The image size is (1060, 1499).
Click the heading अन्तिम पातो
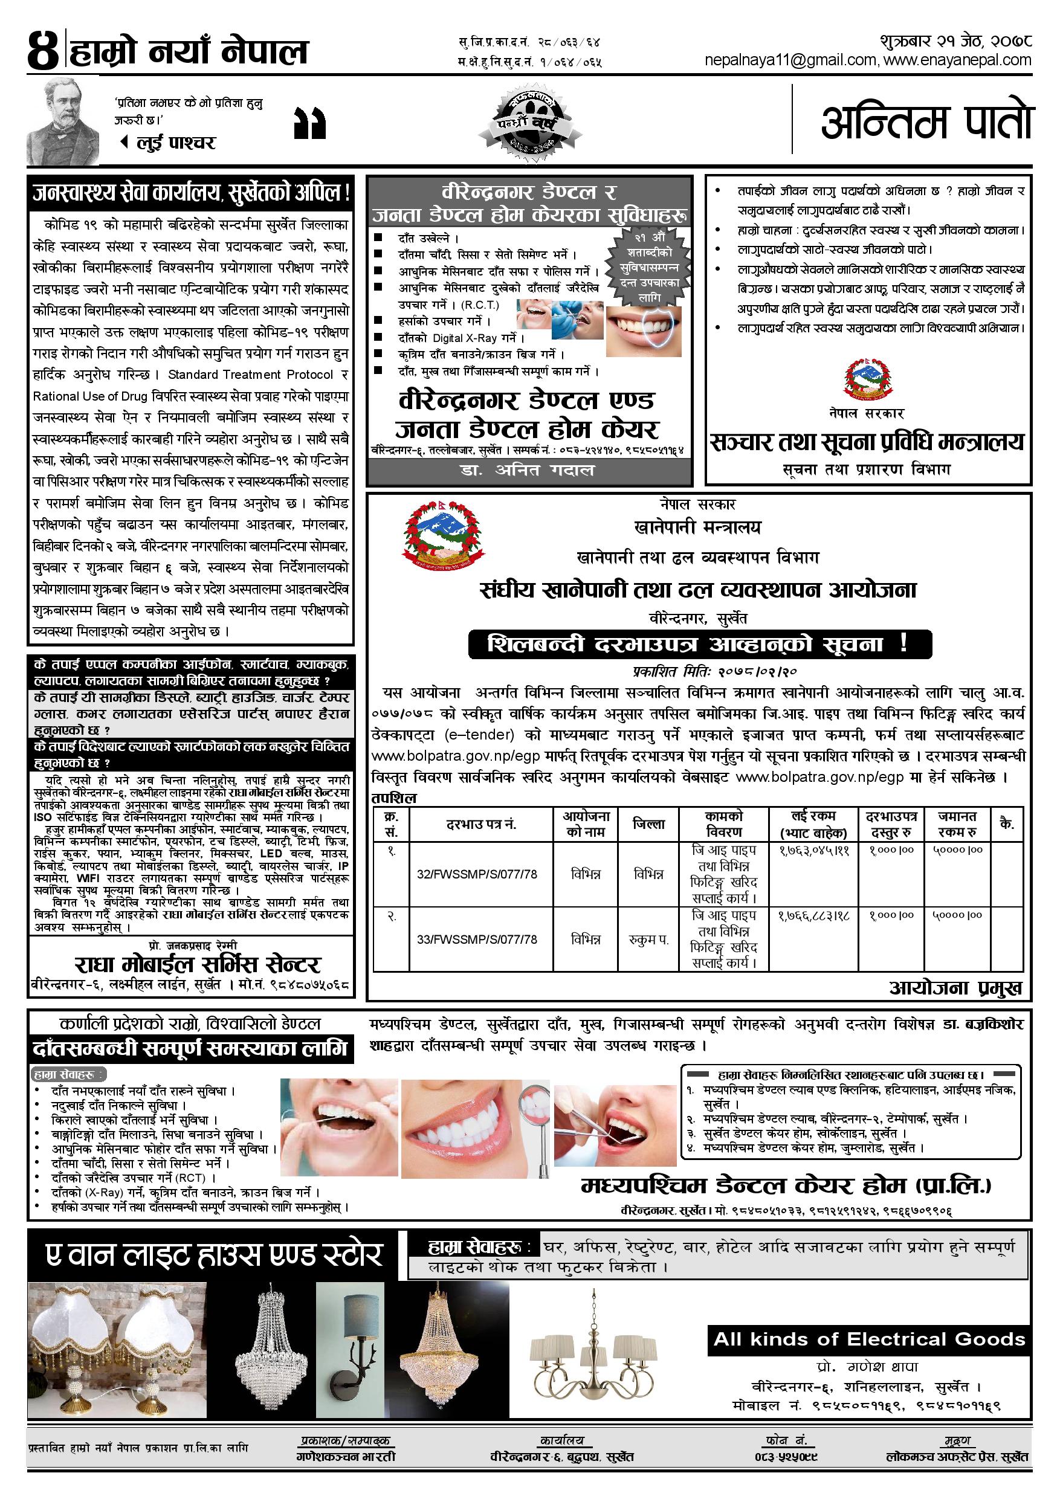(x=926, y=121)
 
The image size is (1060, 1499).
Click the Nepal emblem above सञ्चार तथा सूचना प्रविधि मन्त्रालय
(x=867, y=379)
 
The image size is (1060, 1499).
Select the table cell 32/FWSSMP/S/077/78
(x=477, y=874)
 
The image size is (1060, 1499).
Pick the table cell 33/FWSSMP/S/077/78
(x=477, y=940)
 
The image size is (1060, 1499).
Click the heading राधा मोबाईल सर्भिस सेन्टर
(x=197, y=965)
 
